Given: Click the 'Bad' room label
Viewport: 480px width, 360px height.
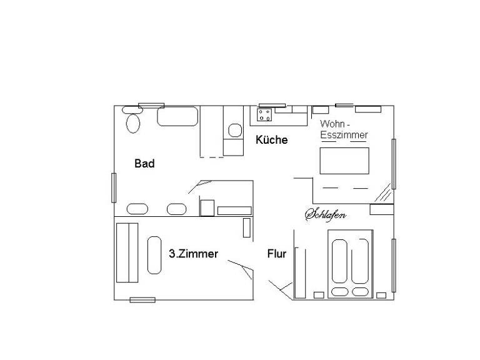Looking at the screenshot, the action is (144, 164).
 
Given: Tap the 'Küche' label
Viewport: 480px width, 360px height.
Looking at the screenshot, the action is (271, 139).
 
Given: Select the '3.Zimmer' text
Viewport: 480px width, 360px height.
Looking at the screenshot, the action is (194, 254).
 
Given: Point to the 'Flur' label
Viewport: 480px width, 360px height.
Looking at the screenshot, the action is (277, 254).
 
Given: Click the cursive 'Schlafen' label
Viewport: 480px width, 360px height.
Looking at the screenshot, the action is (326, 214).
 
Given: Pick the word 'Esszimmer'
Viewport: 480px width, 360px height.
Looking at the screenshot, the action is (344, 135).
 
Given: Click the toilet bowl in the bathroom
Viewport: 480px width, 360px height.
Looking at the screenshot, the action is (133, 123).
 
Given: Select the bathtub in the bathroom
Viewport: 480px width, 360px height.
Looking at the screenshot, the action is (177, 116).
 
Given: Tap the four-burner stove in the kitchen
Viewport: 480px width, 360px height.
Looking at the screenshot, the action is (264, 115).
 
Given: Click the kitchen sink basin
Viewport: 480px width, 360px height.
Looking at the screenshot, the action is (235, 131).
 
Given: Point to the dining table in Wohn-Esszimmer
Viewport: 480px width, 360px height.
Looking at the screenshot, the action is (344, 161).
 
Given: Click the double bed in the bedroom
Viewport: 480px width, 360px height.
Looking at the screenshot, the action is (351, 264).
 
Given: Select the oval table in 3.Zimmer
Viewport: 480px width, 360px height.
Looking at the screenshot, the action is (154, 255).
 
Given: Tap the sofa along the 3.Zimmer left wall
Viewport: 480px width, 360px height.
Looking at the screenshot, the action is (127, 252).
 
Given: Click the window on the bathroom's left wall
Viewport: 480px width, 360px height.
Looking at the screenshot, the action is (114, 187).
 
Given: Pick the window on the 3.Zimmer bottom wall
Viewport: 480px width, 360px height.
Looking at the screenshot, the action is (142, 300).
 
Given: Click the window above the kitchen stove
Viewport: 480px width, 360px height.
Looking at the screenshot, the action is (272, 106).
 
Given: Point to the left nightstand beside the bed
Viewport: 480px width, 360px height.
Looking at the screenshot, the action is (319, 295).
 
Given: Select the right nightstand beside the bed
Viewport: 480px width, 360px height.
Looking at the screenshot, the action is (381, 296).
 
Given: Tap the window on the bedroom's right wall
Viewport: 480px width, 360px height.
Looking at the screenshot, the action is (394, 266).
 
